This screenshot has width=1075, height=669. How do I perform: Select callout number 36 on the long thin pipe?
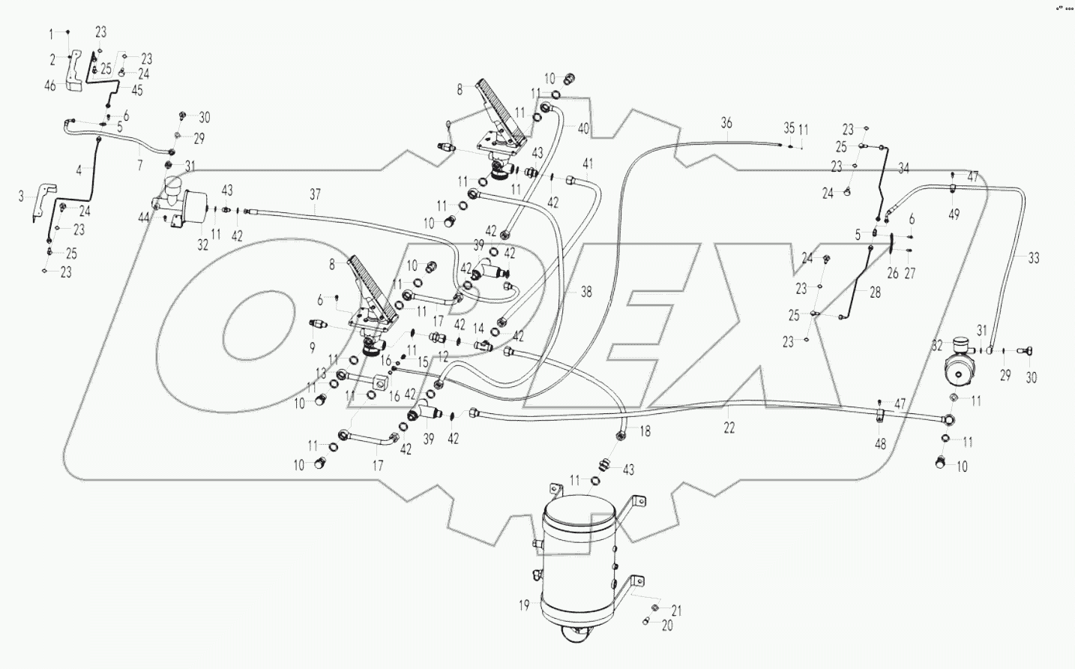726,123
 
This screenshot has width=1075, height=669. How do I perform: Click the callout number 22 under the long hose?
729,427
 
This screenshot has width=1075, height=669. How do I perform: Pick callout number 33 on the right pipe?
1033,259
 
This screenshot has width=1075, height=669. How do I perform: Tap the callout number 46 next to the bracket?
50,87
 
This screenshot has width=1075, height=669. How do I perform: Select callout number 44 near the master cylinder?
142,217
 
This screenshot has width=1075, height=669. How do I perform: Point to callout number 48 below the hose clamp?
880,444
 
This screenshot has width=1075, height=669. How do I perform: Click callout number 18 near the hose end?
645,431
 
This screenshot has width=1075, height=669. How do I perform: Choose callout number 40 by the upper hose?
583,127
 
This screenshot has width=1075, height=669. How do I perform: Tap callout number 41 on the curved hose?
588,163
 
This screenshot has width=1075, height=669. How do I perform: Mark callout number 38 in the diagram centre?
586,292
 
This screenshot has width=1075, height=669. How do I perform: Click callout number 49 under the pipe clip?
954,214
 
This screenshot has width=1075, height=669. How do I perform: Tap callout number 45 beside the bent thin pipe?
136,90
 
